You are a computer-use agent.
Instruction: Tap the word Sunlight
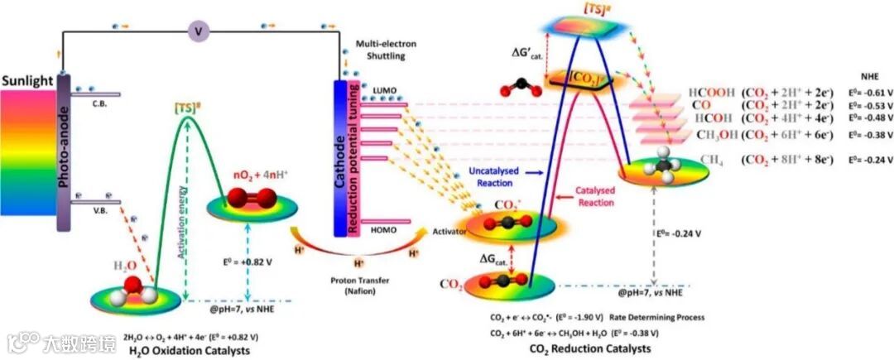pos(27,80)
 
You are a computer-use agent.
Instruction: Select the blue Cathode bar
pos(339,157)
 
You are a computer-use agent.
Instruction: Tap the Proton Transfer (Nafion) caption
pos(358,286)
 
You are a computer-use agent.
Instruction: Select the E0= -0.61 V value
pos(866,93)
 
